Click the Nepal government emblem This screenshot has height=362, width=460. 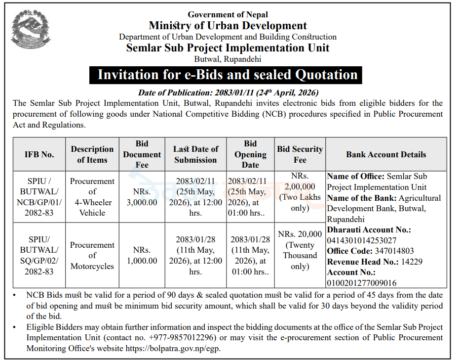tap(31, 29)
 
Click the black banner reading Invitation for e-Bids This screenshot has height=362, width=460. tap(226, 75)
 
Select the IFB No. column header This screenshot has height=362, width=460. tap(39, 155)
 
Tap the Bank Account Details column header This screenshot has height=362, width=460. tap(386, 155)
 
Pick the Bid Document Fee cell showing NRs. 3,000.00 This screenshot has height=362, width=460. tap(142, 197)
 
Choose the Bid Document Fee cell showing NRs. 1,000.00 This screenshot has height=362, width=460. tap(142, 255)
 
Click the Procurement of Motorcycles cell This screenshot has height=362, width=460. tap(92, 255)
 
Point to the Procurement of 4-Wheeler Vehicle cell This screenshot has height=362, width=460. tap(92, 197)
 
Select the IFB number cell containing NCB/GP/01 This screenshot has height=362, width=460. tap(39, 197)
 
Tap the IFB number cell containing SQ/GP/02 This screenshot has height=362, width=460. tap(39, 255)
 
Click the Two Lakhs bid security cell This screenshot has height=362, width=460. tap(300, 192)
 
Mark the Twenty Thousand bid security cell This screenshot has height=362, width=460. tap(300, 250)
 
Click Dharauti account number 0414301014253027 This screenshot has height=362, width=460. tap(362, 241)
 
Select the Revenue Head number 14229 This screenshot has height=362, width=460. tap(412, 262)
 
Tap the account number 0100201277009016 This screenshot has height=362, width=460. tap(362, 283)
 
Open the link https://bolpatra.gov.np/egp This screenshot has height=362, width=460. tap(173, 349)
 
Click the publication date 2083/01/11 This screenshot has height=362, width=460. tap(234, 93)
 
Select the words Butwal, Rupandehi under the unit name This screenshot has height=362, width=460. tap(228, 59)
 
